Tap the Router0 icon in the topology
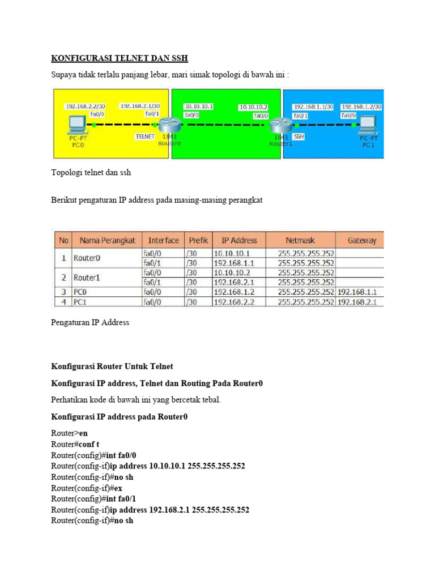point(168,125)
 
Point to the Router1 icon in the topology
point(279,125)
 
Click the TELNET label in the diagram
point(146,137)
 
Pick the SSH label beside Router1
point(299,137)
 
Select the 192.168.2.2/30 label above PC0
point(84,106)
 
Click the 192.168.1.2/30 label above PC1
point(361,106)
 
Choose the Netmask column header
point(300,240)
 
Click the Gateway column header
point(361,240)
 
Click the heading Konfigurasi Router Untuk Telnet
point(112,366)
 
